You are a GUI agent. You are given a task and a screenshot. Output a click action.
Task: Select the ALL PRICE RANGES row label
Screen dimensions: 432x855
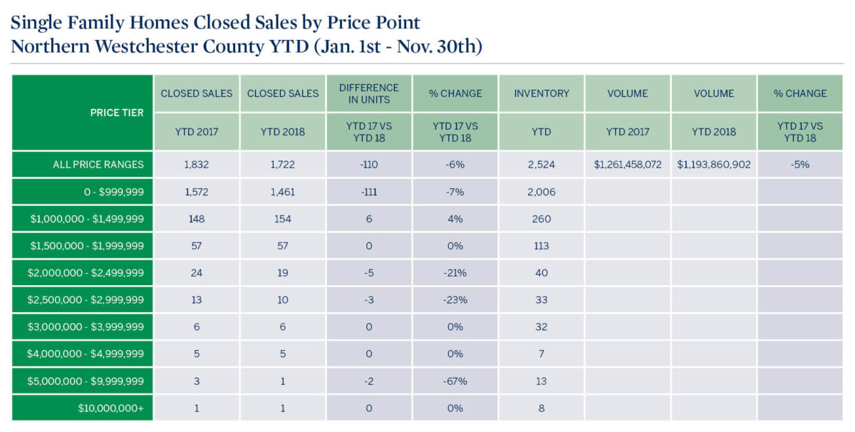98,165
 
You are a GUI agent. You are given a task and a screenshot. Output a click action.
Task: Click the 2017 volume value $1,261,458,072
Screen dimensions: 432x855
628,165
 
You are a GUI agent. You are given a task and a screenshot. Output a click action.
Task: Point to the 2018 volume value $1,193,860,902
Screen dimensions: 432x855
714,165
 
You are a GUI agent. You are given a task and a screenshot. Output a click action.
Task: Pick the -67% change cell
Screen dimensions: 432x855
456,381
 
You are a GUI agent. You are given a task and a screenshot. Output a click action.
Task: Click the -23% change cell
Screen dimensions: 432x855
456,300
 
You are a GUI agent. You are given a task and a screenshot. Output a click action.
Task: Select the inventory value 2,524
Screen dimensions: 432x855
541,165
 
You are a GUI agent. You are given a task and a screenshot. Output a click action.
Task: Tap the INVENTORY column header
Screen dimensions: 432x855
541,93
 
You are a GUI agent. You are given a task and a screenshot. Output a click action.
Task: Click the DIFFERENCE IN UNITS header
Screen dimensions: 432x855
369,93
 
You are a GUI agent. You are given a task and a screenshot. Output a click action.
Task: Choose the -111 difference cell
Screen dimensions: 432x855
369,192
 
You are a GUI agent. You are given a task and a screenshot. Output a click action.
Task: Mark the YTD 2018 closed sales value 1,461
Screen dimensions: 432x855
283,192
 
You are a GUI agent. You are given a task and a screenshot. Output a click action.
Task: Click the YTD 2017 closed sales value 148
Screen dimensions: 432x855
197,219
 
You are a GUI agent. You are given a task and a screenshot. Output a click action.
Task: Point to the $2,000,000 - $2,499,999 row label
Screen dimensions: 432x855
87,273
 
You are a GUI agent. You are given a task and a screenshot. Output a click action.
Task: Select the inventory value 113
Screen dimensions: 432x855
541,246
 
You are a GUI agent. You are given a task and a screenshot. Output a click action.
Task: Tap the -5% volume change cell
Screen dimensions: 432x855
800,165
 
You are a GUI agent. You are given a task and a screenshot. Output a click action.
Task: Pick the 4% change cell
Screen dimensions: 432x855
456,219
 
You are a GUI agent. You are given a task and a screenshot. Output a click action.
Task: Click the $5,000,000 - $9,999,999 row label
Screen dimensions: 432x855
87,381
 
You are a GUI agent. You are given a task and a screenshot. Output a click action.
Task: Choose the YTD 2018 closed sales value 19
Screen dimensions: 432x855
283,273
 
